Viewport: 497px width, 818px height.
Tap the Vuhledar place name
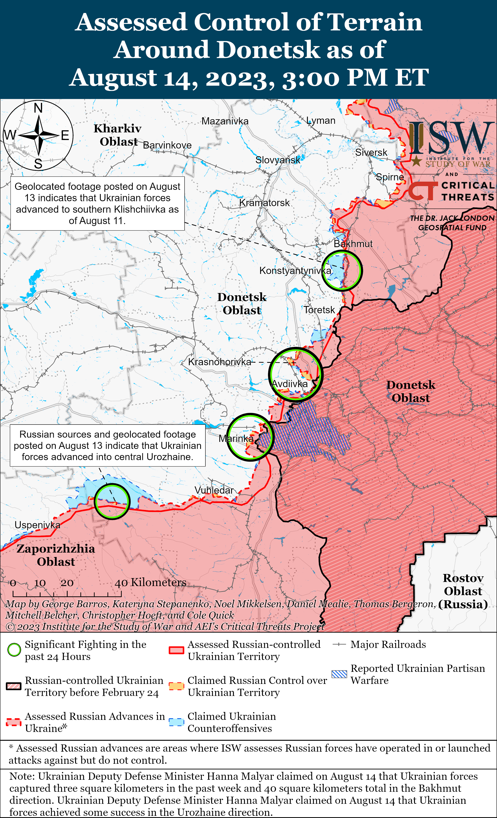214,490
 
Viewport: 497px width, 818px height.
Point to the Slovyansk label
278,160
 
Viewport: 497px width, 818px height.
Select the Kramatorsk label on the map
264,203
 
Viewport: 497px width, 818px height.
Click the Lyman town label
321,120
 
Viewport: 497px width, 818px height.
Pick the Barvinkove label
167,145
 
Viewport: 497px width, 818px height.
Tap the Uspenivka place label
37,525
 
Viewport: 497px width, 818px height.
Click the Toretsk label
319,310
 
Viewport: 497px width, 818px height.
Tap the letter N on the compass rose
38,108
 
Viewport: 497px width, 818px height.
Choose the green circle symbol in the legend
14,650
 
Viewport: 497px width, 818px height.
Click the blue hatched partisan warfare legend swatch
339,674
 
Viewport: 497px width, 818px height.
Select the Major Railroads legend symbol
339,644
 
